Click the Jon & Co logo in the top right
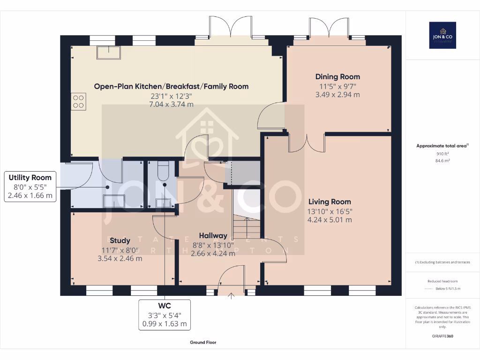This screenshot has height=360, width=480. click(442, 35)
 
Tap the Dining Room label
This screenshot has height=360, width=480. click(337, 77)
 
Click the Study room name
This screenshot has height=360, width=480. click(120, 241)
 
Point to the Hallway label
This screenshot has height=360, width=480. click(213, 235)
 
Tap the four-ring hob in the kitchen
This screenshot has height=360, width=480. click(78, 101)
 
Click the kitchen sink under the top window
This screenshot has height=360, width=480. click(108, 52)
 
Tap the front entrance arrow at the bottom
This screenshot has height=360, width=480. click(232, 295)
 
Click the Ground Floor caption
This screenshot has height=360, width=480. click(203, 343)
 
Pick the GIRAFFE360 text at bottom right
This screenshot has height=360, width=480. click(442, 336)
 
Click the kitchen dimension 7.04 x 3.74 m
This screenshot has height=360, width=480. click(171, 105)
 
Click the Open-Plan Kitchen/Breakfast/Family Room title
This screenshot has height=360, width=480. click(171, 86)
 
